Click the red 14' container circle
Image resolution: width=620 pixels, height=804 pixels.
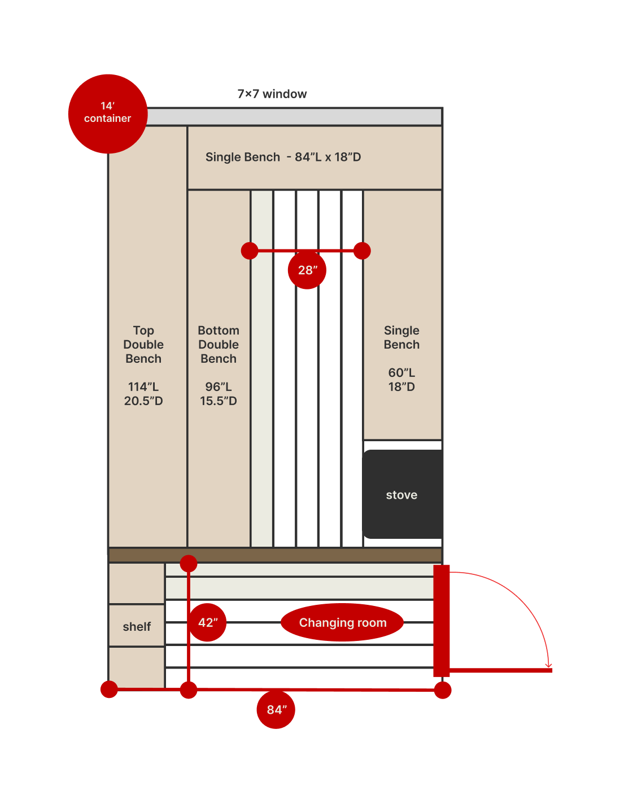[x=108, y=113]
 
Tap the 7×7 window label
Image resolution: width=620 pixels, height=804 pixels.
[x=272, y=94]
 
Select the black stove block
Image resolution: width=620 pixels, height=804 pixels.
[x=403, y=494]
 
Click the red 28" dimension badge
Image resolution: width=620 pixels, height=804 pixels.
[x=307, y=270]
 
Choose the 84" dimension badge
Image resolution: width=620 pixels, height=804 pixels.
[x=276, y=709]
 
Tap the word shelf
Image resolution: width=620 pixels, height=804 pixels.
[x=137, y=626]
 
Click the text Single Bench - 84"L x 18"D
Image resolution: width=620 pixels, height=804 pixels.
[x=283, y=157]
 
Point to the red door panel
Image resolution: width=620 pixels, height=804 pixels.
[x=442, y=621]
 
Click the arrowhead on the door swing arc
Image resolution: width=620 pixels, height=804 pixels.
[x=548, y=666]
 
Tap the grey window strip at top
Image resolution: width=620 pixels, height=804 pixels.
[x=294, y=117]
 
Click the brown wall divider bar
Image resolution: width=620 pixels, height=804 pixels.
[x=275, y=555]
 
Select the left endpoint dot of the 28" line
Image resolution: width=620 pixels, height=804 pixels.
[x=250, y=251]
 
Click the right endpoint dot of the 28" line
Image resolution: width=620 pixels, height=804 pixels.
[x=362, y=251]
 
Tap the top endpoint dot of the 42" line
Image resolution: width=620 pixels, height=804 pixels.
[x=189, y=564]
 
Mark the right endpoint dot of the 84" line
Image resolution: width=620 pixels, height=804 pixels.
[x=442, y=690]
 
